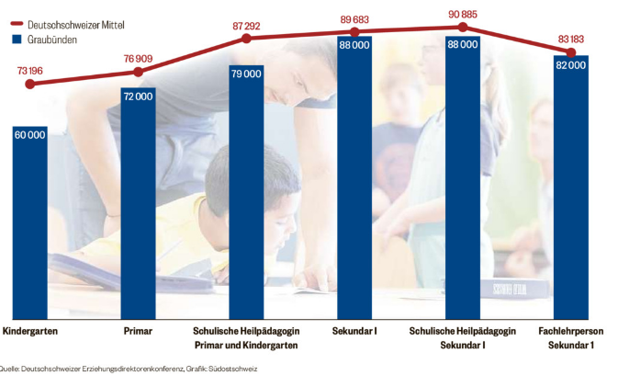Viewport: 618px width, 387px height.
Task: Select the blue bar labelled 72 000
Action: click(138, 202)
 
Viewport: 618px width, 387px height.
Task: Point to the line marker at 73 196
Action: click(29, 84)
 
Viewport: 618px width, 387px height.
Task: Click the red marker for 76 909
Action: click(138, 71)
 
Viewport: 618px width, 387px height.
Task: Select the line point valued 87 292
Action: click(246, 38)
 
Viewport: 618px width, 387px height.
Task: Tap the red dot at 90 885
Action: click(463, 28)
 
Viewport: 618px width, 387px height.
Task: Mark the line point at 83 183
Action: click(571, 51)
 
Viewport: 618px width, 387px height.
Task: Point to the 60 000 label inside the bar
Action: click(29, 135)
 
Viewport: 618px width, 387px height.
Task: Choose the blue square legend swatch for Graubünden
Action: click(17, 40)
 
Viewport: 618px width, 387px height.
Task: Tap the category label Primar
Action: click(138, 330)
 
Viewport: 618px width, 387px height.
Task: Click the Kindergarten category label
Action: click(30, 330)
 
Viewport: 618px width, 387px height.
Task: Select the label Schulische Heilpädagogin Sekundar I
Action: click(463, 337)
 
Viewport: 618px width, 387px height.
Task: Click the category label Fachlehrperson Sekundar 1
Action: click(571, 337)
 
